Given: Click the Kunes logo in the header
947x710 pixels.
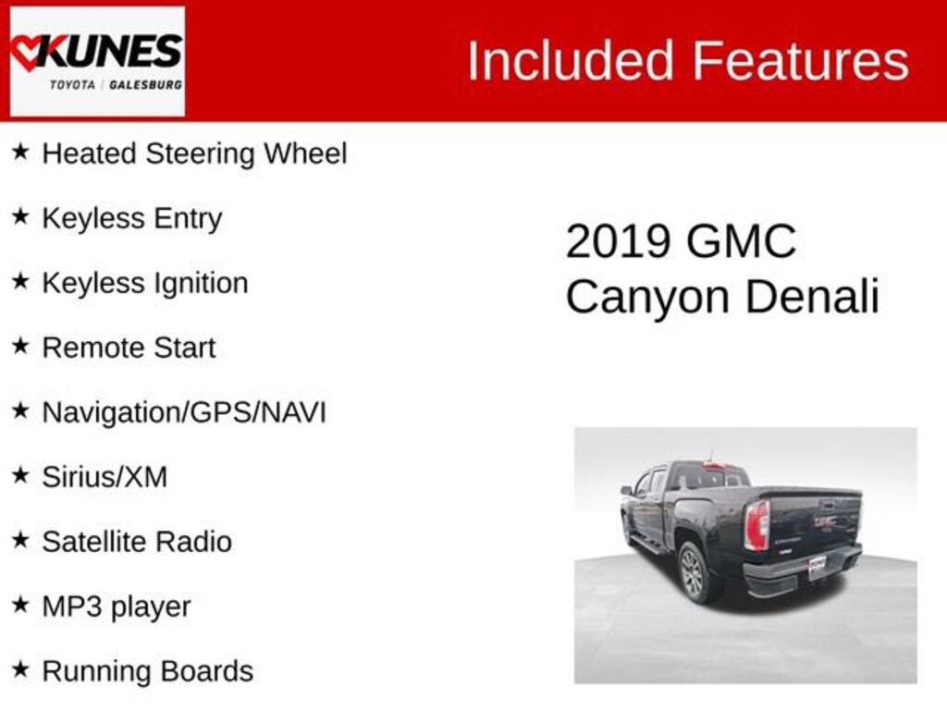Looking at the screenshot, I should coord(97,60).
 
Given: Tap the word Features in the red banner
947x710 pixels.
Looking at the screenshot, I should coord(801,62).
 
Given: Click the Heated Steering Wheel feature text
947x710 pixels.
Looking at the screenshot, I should coord(194,153).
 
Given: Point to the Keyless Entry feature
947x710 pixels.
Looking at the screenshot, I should coord(132,219).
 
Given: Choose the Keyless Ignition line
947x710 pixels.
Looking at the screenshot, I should coord(145,283).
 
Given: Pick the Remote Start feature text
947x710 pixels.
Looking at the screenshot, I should coord(129,348).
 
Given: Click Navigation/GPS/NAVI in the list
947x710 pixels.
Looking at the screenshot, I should coord(184,412).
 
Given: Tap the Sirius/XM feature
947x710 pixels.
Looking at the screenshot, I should coord(105,477).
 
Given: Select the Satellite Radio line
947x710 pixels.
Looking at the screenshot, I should coord(137,542).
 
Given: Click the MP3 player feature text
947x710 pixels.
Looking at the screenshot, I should coord(117,606).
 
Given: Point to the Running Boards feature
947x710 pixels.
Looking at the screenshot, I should coord(147,671).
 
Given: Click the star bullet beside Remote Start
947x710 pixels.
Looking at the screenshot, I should coord(20,347).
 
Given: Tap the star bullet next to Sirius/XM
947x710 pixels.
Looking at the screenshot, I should coord(20,476).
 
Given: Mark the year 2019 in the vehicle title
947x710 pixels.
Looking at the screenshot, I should coord(618,242).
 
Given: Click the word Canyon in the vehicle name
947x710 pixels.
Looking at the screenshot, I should coord(648,298).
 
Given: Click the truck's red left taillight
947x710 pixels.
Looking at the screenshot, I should coord(756,525).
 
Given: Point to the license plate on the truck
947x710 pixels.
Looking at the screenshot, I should coord(818,567).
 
